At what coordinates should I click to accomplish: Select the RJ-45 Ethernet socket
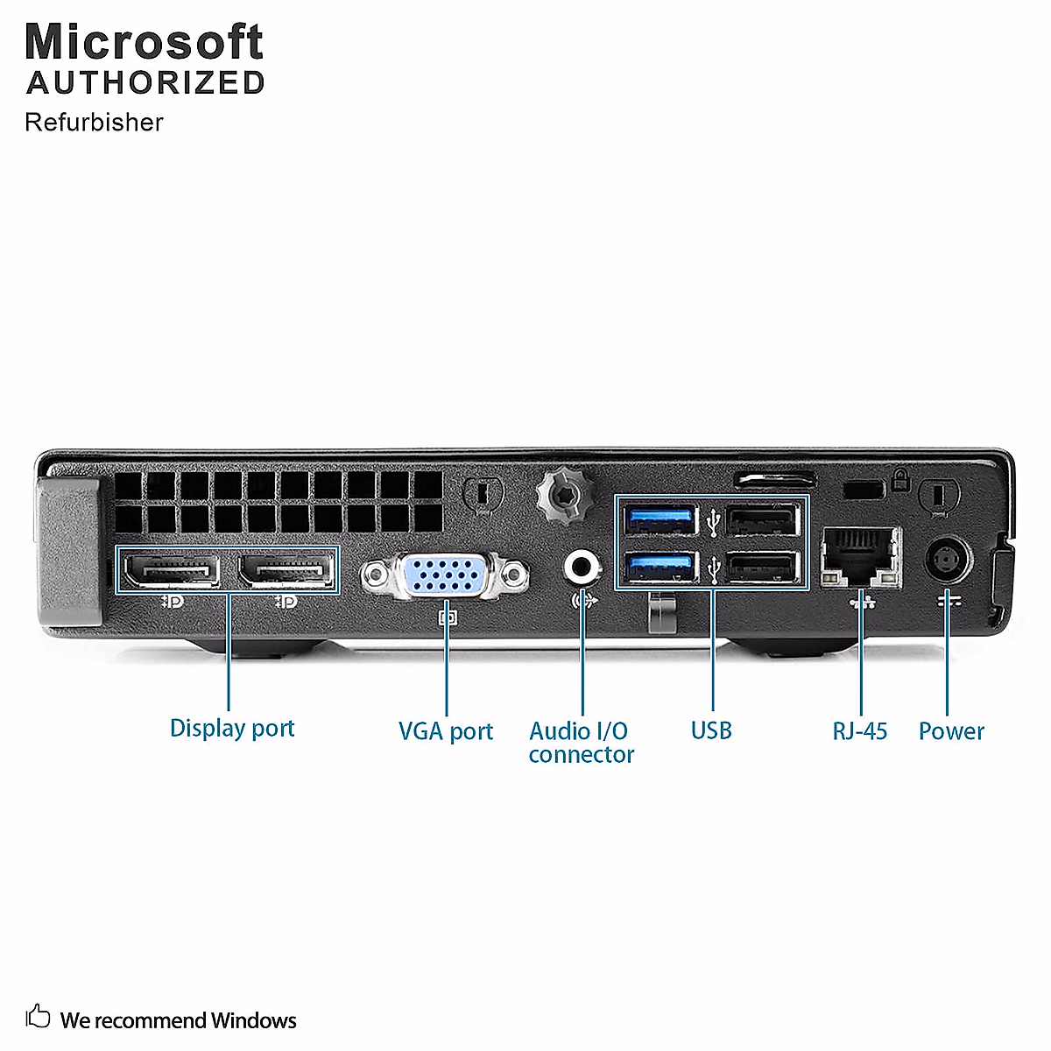click(x=860, y=556)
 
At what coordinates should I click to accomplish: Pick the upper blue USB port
click(x=661, y=519)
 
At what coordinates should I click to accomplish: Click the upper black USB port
click(x=762, y=521)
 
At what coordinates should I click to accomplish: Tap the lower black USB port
click(x=762, y=568)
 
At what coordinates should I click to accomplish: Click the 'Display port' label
click(x=232, y=729)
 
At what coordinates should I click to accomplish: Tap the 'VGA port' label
click(x=446, y=731)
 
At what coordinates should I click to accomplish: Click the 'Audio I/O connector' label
click(x=581, y=743)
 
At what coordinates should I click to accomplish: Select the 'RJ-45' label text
click(x=859, y=731)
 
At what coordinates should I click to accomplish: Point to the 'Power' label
click(x=951, y=731)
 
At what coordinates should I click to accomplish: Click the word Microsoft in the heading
click(x=145, y=42)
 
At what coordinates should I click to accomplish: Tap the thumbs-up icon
click(x=38, y=1017)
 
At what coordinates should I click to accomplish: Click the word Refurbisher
click(x=94, y=123)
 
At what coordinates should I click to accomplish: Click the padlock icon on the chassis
click(x=899, y=478)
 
